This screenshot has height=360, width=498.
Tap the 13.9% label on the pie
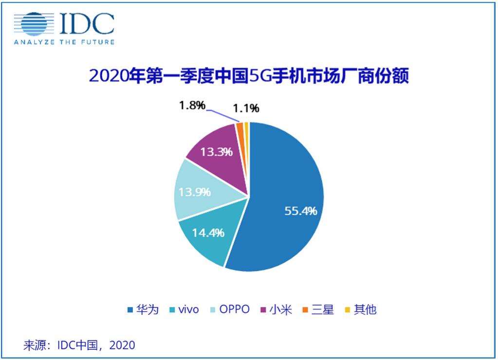195,192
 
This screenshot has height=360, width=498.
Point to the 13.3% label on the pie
216,152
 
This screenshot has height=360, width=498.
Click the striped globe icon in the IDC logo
34,24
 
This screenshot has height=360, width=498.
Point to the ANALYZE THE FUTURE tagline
64,42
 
